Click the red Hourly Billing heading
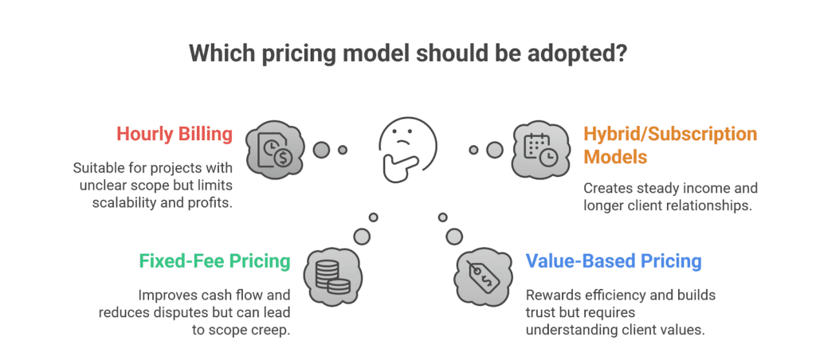[x=175, y=135]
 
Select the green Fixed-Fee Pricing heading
[x=214, y=261]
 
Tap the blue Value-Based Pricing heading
[x=614, y=261]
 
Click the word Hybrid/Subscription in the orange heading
[x=670, y=135]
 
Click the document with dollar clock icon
[x=273, y=150]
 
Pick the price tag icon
[x=484, y=276]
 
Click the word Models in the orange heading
[x=615, y=156]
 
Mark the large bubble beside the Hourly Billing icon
[x=322, y=150]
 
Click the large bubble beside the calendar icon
[x=495, y=150]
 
